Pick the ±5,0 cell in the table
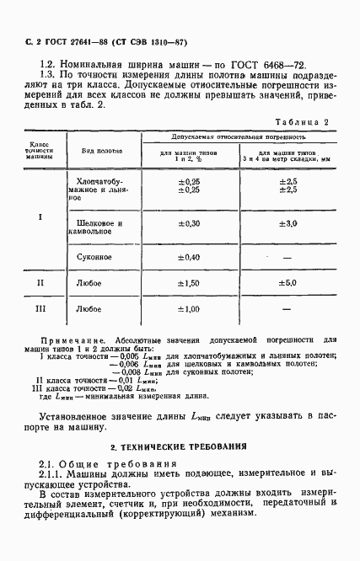pos(289,284)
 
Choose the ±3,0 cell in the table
pos(289,223)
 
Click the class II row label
pos(40,284)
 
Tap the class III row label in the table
pos(40,309)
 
